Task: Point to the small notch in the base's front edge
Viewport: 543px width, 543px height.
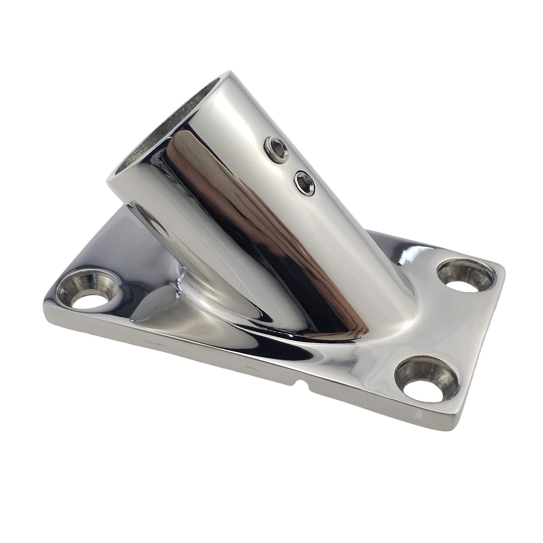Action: (304, 384)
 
